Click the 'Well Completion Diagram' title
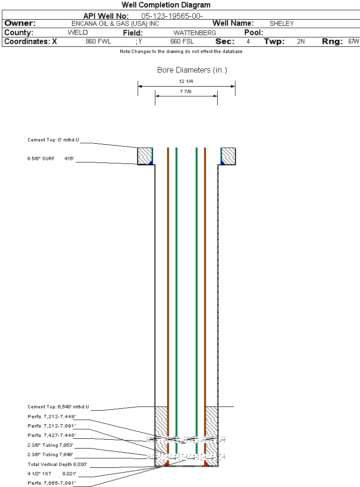[166, 5]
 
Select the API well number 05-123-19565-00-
[172, 16]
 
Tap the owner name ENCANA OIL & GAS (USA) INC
[115, 23]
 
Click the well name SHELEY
[281, 23]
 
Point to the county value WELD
[78, 33]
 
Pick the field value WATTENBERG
[195, 33]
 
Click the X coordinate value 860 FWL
[98, 42]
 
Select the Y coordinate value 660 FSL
[182, 42]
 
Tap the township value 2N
[301, 42]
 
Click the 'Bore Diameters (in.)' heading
[192, 70]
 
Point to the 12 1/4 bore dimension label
[186, 81]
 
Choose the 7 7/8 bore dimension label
[185, 92]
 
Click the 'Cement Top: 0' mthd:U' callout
[53, 140]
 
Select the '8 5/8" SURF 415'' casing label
[50, 159]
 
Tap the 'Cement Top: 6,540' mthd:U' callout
[58, 407]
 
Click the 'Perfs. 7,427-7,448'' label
[51, 435]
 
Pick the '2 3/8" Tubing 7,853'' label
[50, 445]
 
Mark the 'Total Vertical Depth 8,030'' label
[57, 465]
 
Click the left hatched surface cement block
[145, 156]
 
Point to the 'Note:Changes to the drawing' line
[181, 52]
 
